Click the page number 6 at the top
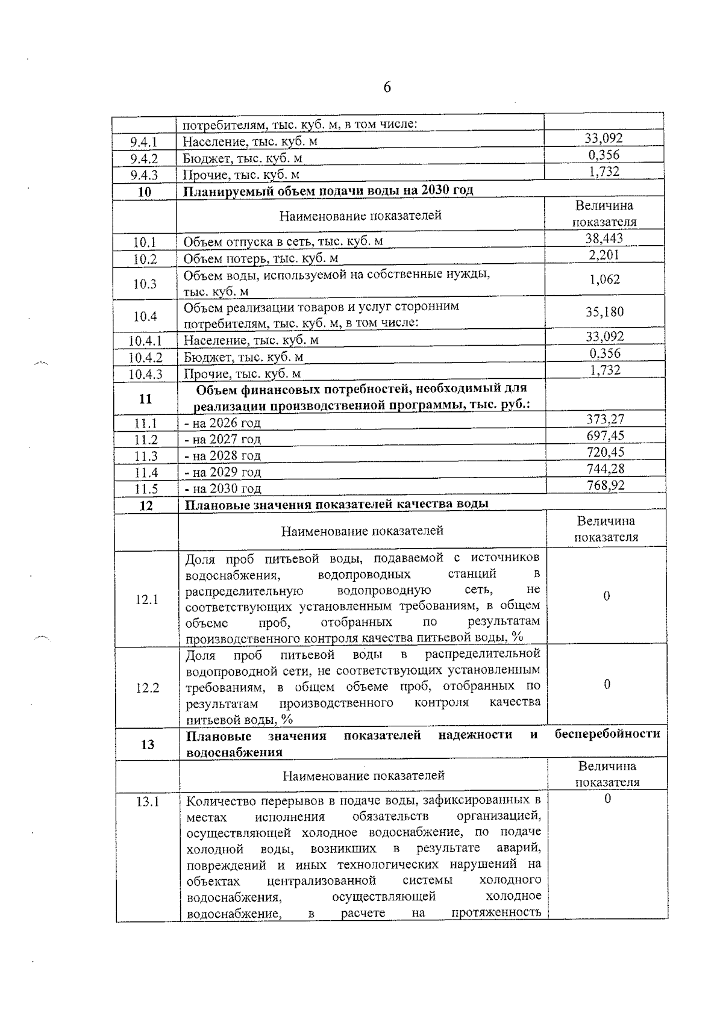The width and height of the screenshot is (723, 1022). [387, 88]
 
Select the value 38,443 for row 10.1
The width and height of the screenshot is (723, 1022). [604, 238]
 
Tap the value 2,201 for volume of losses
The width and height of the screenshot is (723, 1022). [604, 255]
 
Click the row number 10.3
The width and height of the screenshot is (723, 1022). [145, 284]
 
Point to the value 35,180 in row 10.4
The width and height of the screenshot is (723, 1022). [604, 312]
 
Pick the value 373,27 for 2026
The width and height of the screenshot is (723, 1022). [605, 420]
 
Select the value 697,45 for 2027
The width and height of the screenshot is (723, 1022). [605, 436]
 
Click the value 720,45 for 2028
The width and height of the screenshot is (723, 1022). [605, 452]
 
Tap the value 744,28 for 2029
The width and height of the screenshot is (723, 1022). [605, 469]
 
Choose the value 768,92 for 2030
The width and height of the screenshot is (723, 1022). [606, 485]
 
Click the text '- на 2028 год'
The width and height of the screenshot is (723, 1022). [223, 456]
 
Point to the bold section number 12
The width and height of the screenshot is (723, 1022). [146, 505]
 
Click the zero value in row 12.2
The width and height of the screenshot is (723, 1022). [607, 685]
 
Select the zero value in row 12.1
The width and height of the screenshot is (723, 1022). [606, 596]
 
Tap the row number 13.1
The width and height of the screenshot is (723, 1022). [148, 802]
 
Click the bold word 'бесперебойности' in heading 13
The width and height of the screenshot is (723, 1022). [607, 734]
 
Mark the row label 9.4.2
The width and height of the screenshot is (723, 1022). [144, 159]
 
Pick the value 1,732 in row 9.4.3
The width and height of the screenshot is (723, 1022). [604, 172]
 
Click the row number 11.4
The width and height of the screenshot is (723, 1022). [146, 473]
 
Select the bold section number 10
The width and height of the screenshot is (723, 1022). [145, 192]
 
